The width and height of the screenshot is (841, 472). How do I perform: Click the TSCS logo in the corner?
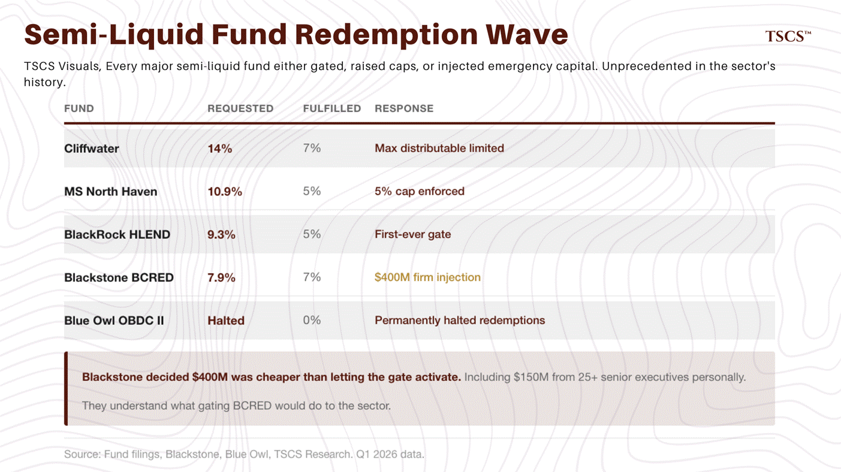788,37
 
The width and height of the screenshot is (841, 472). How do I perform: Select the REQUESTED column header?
240,108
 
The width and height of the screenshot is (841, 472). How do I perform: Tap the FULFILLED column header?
332,108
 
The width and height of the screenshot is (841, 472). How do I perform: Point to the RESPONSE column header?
404,108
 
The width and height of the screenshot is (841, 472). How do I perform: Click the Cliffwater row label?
92,149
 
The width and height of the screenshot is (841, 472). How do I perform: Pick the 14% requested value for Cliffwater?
220,149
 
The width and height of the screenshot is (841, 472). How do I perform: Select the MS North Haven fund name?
111,192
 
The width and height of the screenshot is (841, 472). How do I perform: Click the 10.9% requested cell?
225,192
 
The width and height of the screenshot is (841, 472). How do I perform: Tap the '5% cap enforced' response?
420,192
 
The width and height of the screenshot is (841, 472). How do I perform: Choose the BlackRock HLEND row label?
117,235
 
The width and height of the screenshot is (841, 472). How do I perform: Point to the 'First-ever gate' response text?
413,235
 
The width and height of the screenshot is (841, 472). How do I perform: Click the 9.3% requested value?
221,235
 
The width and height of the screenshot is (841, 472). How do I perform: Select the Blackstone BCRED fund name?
119,278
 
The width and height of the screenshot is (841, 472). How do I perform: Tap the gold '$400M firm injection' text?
427,277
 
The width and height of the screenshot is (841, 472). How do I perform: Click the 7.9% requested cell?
221,278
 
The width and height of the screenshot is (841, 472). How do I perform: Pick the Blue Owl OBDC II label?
114,320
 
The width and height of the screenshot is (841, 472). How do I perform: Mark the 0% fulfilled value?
312,320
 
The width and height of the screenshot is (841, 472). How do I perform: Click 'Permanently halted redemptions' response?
460,320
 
